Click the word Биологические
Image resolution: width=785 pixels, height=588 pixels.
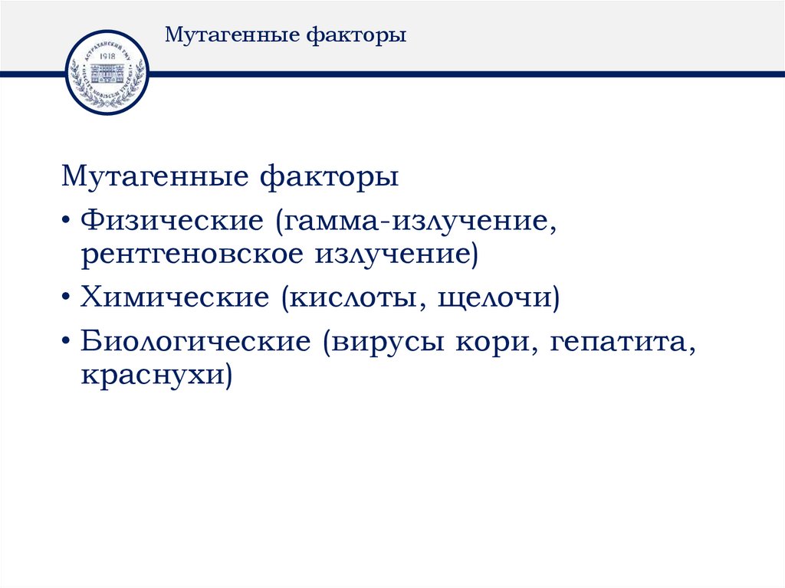192,342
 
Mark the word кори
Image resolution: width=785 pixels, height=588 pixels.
493,342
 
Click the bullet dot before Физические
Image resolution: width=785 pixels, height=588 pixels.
69,223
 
